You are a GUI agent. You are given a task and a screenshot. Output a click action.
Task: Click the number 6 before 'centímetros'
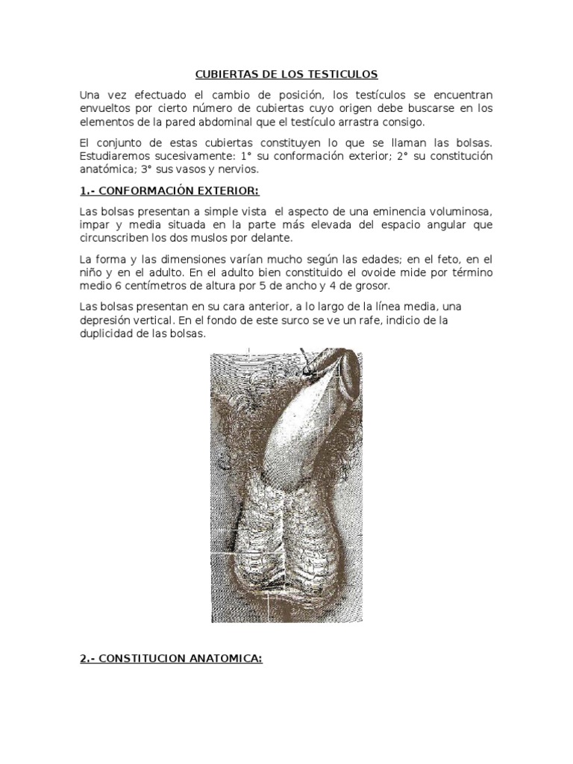(x=113, y=286)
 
